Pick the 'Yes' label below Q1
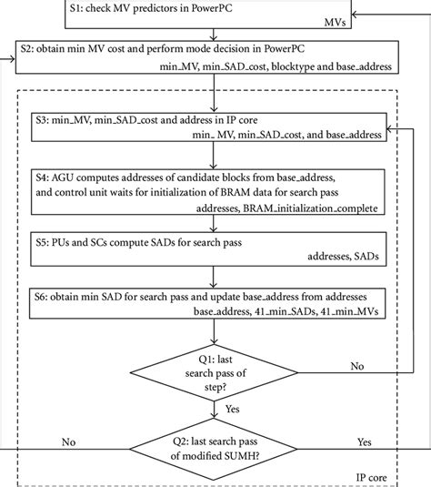[232, 412]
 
